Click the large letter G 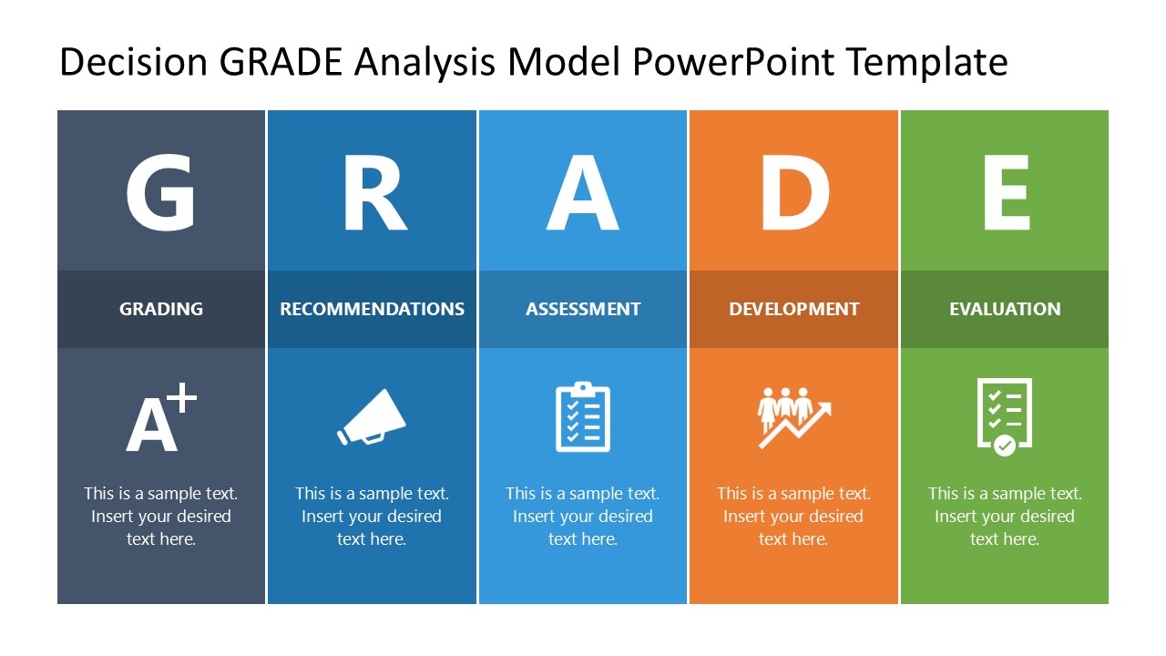click(160, 194)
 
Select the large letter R click(373, 194)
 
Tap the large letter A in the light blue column click(583, 194)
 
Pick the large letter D click(794, 194)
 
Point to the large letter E click(1006, 194)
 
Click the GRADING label click(161, 309)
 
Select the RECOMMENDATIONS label click(372, 309)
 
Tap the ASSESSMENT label click(583, 309)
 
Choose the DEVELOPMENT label click(793, 309)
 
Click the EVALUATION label click(1005, 309)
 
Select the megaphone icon click(372, 418)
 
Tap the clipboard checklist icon click(583, 417)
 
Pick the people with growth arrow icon click(793, 417)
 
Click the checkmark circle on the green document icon click(1005, 445)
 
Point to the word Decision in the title click(133, 62)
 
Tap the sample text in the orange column click(793, 516)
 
